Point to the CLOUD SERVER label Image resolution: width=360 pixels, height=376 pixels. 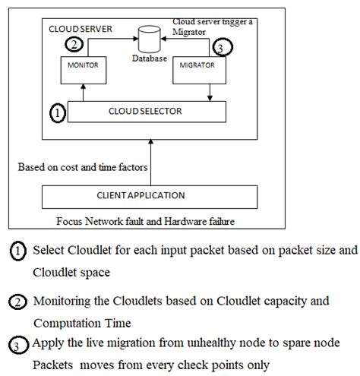tap(81, 28)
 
